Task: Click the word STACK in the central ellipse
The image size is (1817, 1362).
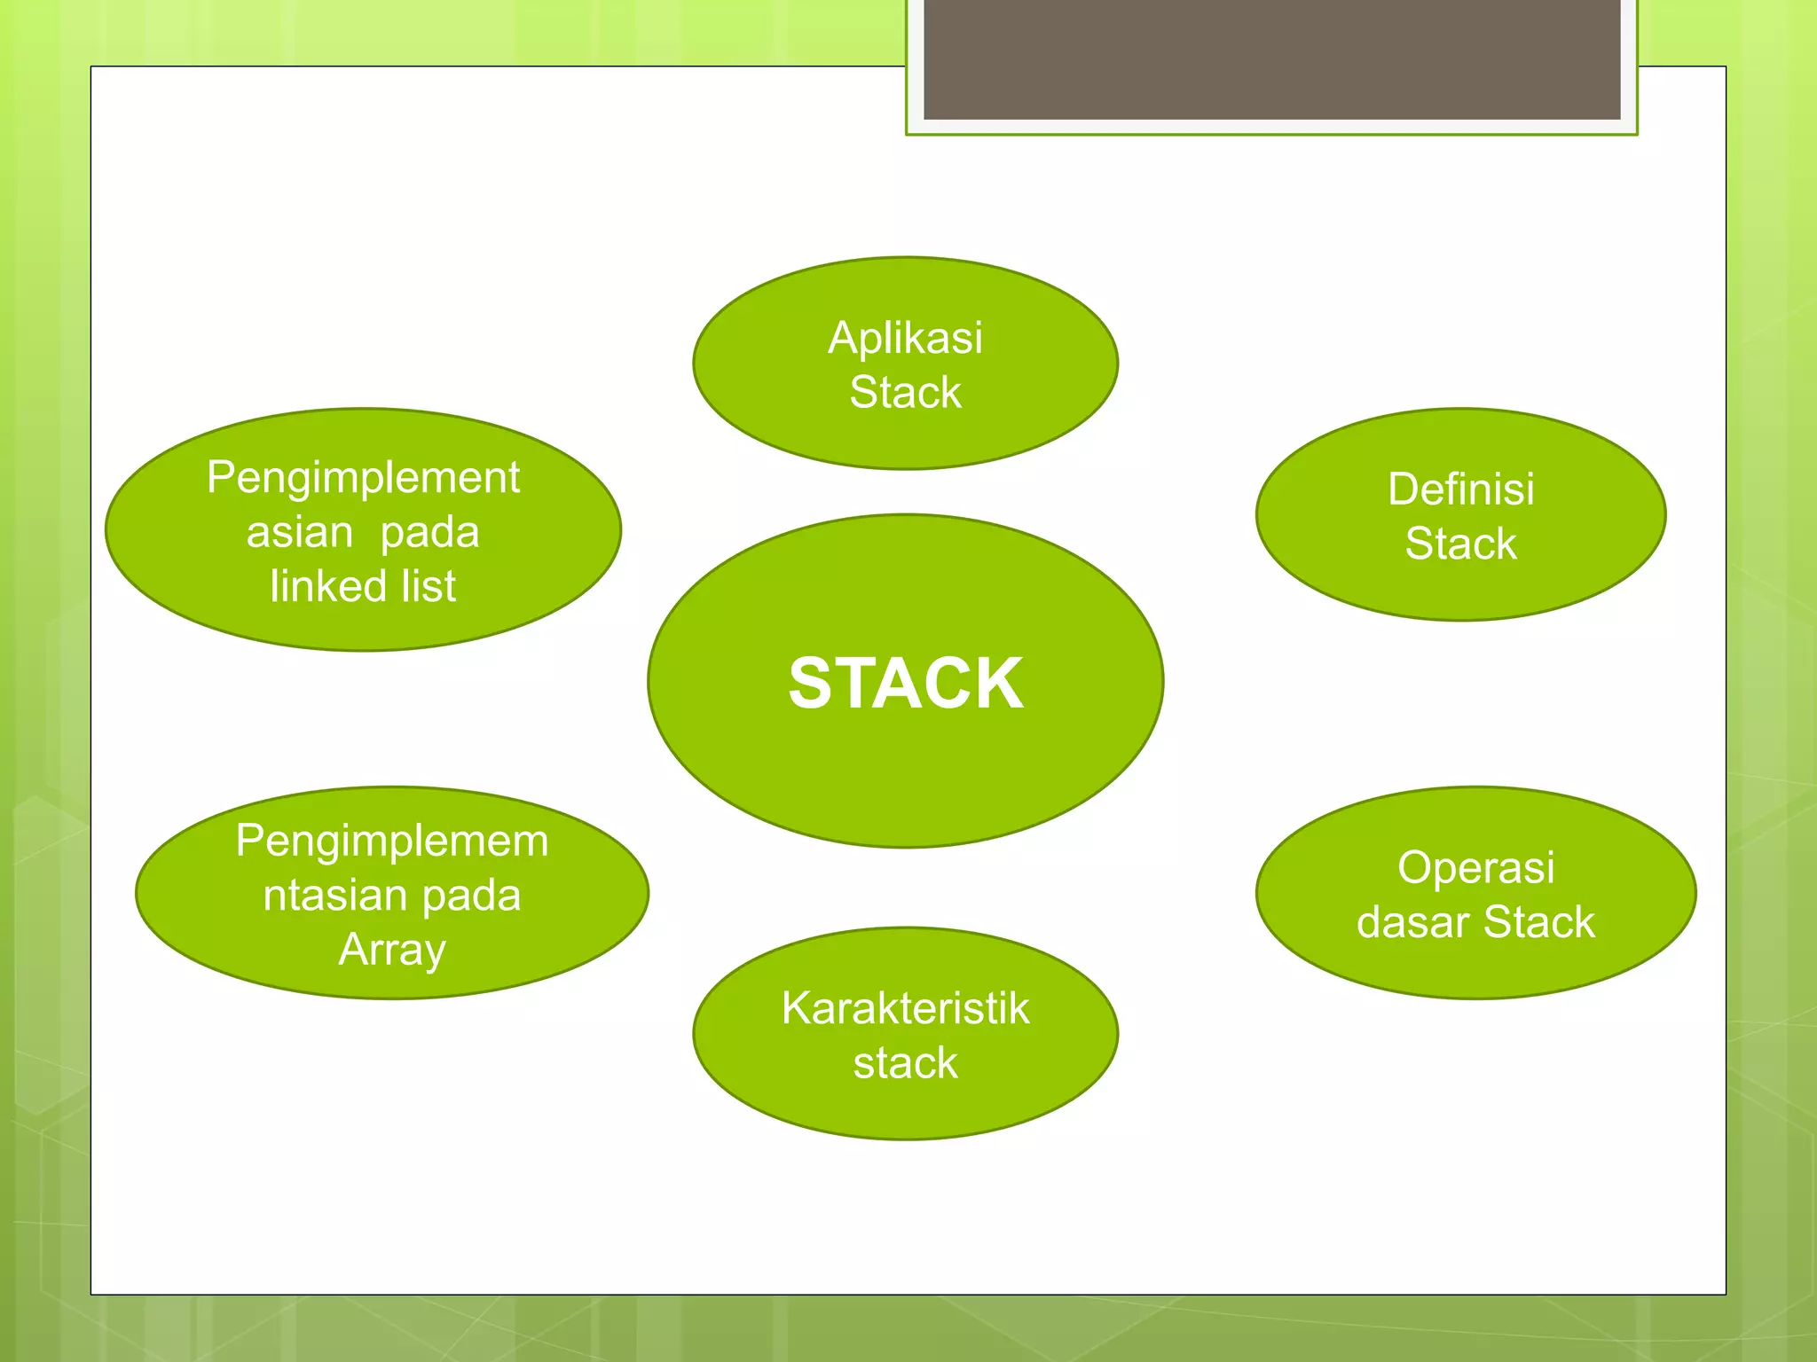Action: (906, 683)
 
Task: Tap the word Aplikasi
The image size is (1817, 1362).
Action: (905, 338)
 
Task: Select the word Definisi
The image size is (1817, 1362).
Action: (1460, 489)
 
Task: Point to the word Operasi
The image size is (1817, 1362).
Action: (1475, 867)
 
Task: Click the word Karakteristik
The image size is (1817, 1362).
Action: (905, 1008)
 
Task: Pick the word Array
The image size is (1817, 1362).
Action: (392, 950)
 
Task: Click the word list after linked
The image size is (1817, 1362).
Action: (429, 586)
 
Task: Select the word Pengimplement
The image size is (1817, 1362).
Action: (363, 478)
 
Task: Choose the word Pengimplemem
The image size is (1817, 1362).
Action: (392, 841)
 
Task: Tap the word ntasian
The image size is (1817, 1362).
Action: (329, 896)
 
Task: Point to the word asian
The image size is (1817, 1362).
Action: (300, 533)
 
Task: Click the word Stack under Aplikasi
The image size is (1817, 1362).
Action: (905, 393)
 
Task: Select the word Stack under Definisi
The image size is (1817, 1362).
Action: (1460, 544)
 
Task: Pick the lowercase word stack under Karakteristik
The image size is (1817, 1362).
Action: (905, 1063)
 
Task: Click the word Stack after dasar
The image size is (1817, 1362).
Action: (1538, 922)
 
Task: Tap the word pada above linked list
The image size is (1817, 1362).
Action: (429, 533)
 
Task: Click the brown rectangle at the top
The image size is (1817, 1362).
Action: (1271, 59)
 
